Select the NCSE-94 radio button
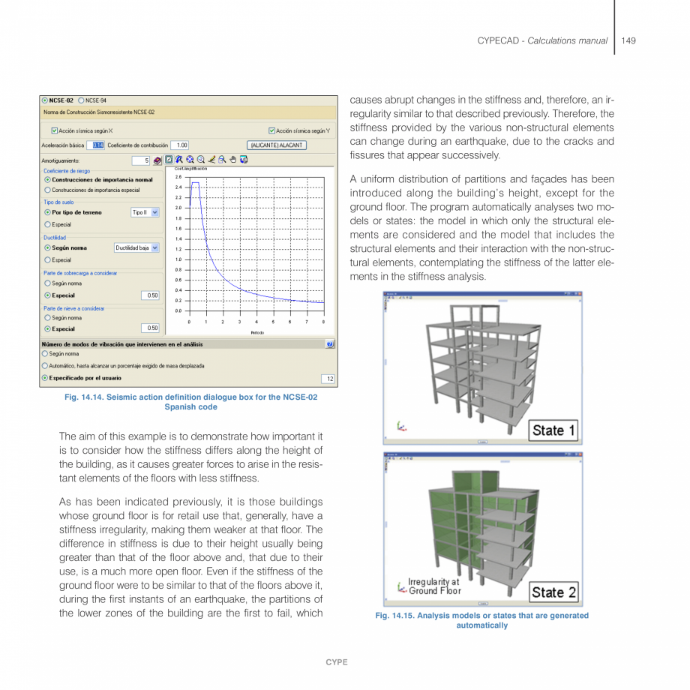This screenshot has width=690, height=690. tap(81, 100)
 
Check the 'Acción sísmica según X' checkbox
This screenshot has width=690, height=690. tap(55, 130)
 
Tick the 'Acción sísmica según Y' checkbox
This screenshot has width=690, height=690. tap(272, 130)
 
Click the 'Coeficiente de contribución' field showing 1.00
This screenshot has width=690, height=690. tap(181, 145)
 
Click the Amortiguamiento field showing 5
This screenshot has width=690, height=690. tap(140, 160)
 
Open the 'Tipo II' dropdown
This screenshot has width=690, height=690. tap(155, 212)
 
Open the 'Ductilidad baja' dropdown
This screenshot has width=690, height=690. tap(155, 247)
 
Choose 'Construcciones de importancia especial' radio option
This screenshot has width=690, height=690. tap(47, 190)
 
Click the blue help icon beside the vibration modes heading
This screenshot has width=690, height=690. tap(330, 343)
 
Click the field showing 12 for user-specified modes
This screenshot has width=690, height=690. tap(328, 378)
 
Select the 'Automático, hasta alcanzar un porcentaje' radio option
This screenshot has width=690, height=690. tap(45, 365)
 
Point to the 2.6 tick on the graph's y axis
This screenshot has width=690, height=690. tap(178, 176)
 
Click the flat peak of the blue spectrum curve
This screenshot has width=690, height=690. tap(195, 182)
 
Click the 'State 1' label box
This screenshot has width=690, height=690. tap(554, 430)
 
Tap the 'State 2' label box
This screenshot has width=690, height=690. tap(554, 592)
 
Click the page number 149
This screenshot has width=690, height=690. tap(628, 40)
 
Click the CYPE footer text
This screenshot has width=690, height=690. tap(336, 662)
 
